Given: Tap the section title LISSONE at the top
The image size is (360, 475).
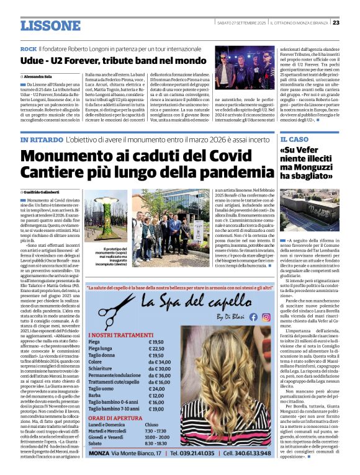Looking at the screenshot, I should pos(50,25).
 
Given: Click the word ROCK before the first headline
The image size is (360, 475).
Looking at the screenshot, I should pos(28,48).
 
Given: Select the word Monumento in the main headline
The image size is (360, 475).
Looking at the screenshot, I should pos(62,159).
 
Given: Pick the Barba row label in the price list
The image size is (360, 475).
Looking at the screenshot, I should pos(94,396).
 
